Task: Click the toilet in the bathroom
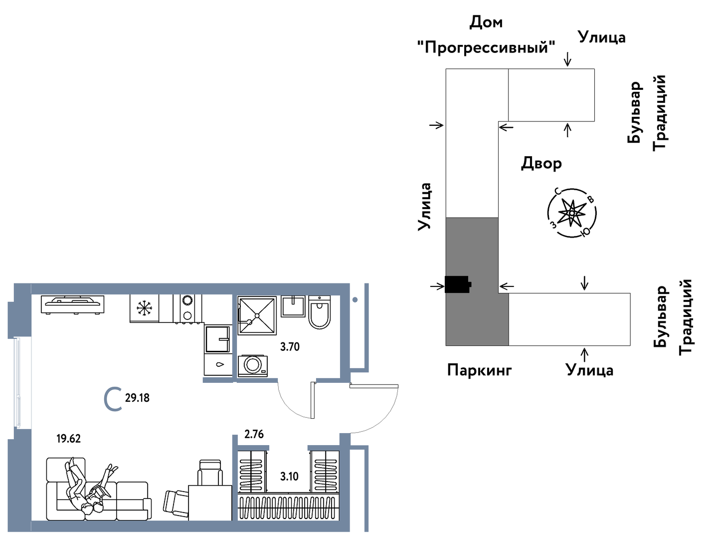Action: [319, 313]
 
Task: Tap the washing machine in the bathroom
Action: [252, 365]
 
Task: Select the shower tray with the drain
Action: [257, 315]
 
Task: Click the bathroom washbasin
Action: [293, 306]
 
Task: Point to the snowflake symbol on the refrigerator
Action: [144, 308]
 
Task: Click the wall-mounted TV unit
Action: [73, 304]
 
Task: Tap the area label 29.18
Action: [137, 398]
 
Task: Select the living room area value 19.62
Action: [68, 439]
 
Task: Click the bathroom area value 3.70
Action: [290, 347]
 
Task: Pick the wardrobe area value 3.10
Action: [289, 477]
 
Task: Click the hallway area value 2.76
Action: [254, 434]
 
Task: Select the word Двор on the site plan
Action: [541, 164]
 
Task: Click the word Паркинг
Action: [479, 370]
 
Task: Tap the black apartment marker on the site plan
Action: [458, 284]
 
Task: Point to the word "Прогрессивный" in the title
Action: [486, 47]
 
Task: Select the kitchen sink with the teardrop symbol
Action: [218, 364]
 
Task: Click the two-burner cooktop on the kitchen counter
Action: [187, 308]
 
